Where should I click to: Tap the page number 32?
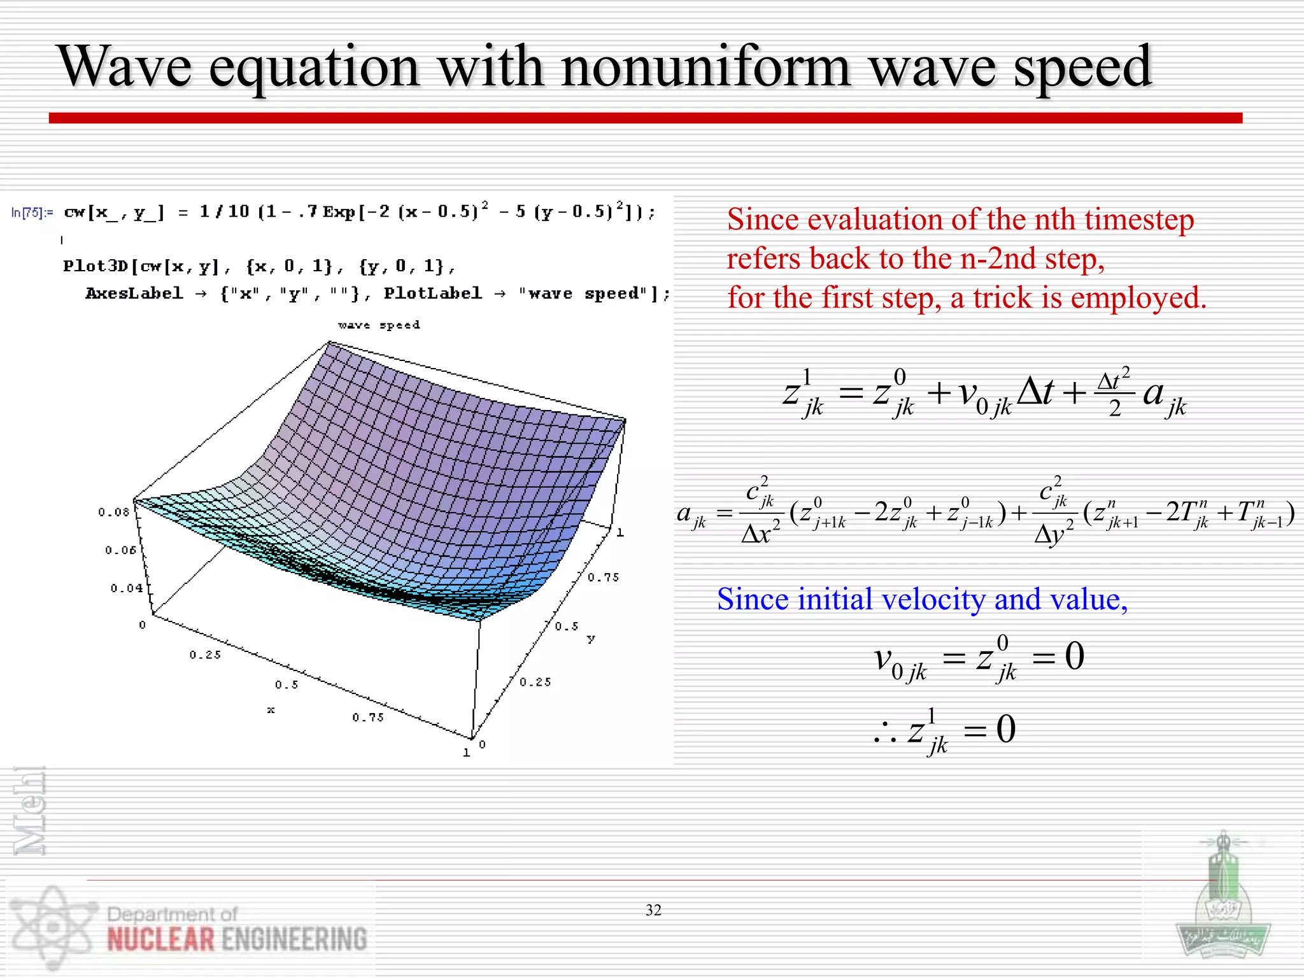653,910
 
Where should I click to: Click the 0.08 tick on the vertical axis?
113,512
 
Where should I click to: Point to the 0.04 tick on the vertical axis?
126,588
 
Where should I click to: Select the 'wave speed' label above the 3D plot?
379,325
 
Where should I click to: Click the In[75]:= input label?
32,213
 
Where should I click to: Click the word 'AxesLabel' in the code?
134,294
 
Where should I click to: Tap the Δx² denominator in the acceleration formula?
760,532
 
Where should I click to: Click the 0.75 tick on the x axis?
368,717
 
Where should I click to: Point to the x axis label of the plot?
271,710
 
